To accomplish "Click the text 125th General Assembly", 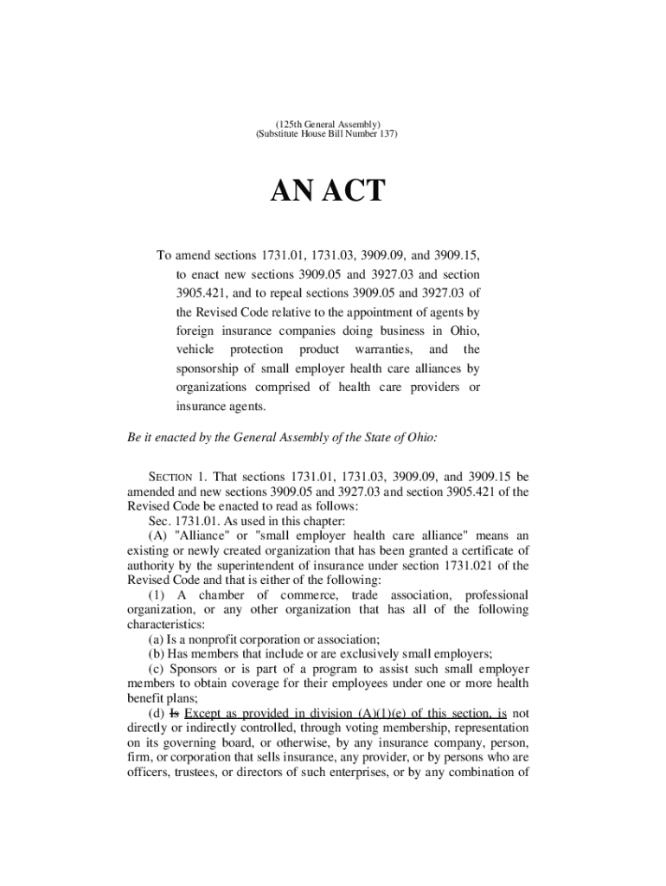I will (327, 125).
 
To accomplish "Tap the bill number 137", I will (383, 136).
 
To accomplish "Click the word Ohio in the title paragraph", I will (464, 331).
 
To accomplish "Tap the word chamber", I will (221, 595).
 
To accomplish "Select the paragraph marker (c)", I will (157, 669).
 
